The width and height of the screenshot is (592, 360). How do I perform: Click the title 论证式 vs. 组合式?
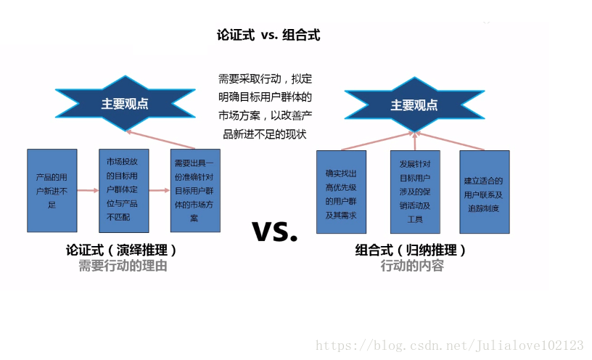[268, 35]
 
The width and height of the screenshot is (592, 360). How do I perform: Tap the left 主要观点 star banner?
[125, 104]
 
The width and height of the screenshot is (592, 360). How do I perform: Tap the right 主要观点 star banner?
[414, 105]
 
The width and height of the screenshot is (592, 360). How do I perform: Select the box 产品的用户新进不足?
[52, 190]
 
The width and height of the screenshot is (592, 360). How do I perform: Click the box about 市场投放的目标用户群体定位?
[123, 190]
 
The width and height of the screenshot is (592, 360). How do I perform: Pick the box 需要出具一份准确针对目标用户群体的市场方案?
[195, 190]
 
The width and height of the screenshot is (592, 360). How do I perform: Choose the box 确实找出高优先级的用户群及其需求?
[341, 192]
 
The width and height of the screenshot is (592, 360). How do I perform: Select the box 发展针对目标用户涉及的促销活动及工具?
[414, 192]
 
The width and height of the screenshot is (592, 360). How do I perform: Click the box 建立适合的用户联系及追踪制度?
[484, 192]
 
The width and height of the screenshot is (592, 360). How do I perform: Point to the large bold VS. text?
[275, 231]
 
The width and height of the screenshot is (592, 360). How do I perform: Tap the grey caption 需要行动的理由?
[123, 266]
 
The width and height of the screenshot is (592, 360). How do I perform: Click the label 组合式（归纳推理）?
[411, 250]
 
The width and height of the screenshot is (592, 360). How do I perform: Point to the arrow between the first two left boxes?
[88, 191]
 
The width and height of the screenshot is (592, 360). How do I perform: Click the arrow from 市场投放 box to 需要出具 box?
[160, 191]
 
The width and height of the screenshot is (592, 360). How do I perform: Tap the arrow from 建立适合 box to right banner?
[452, 142]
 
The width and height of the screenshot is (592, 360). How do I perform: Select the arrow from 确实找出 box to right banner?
[377, 142]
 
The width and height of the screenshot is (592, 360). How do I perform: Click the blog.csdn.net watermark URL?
[450, 345]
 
